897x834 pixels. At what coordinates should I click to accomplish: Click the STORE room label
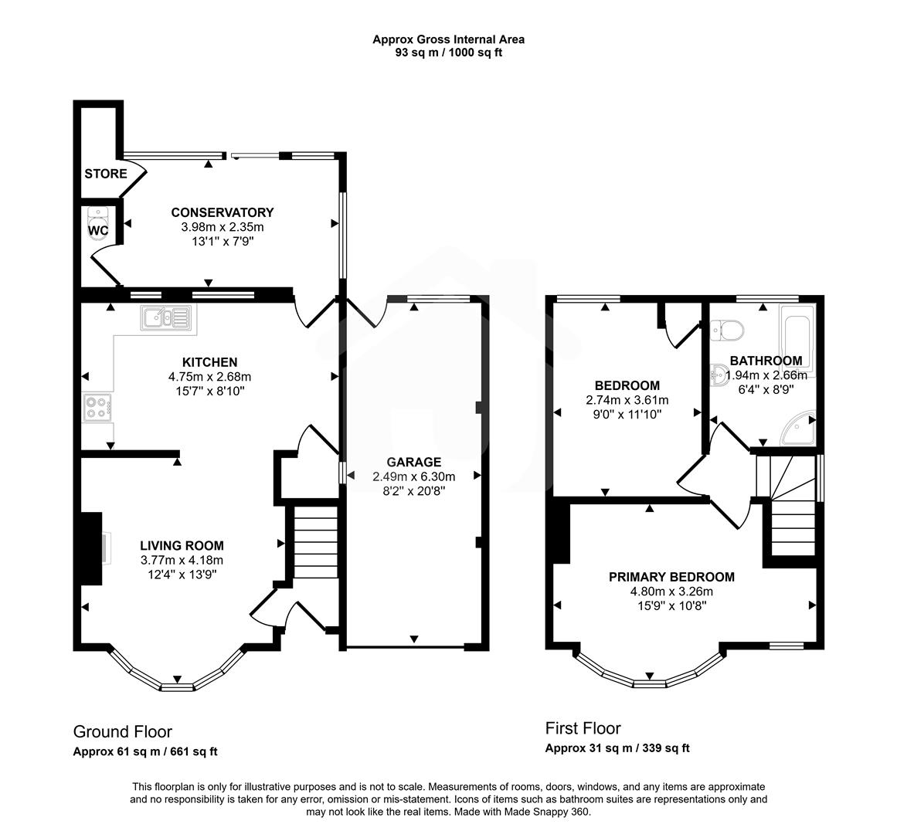pos(106,174)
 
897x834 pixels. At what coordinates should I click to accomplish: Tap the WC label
pos(98,230)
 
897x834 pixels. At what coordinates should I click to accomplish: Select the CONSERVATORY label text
pos(222,212)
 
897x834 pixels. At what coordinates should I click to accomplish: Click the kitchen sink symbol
pos(165,317)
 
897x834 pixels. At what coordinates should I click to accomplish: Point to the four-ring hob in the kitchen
pos(97,407)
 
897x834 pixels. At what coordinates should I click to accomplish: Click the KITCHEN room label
pos(209,362)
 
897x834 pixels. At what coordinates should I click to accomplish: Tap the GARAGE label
pos(413,463)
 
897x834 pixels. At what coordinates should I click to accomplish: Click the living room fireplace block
pos(91,548)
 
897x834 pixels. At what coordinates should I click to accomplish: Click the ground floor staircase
pos(315,541)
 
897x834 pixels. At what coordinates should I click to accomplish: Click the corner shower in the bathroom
pos(799,429)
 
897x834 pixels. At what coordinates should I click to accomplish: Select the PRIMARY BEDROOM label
pos(671,577)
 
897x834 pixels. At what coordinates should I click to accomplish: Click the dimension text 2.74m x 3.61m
pos(627,400)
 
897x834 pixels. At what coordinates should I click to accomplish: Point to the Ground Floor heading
pos(122,731)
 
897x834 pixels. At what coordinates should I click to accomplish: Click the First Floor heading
pos(583,727)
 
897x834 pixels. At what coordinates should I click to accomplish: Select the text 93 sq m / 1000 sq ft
pos(448,53)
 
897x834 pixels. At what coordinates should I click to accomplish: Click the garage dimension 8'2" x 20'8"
pos(413,490)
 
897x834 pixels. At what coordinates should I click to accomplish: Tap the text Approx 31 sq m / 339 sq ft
pos(617,748)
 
